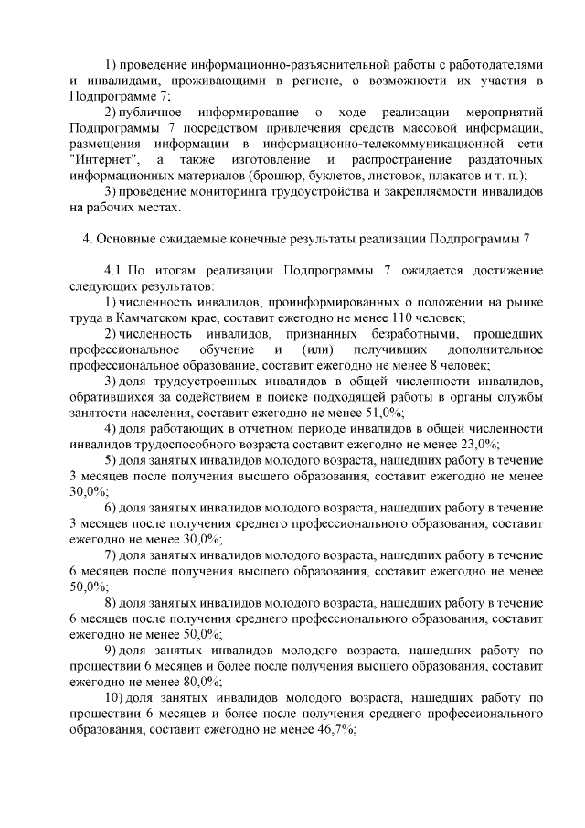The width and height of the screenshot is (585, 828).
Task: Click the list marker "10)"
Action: pos(113,698)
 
